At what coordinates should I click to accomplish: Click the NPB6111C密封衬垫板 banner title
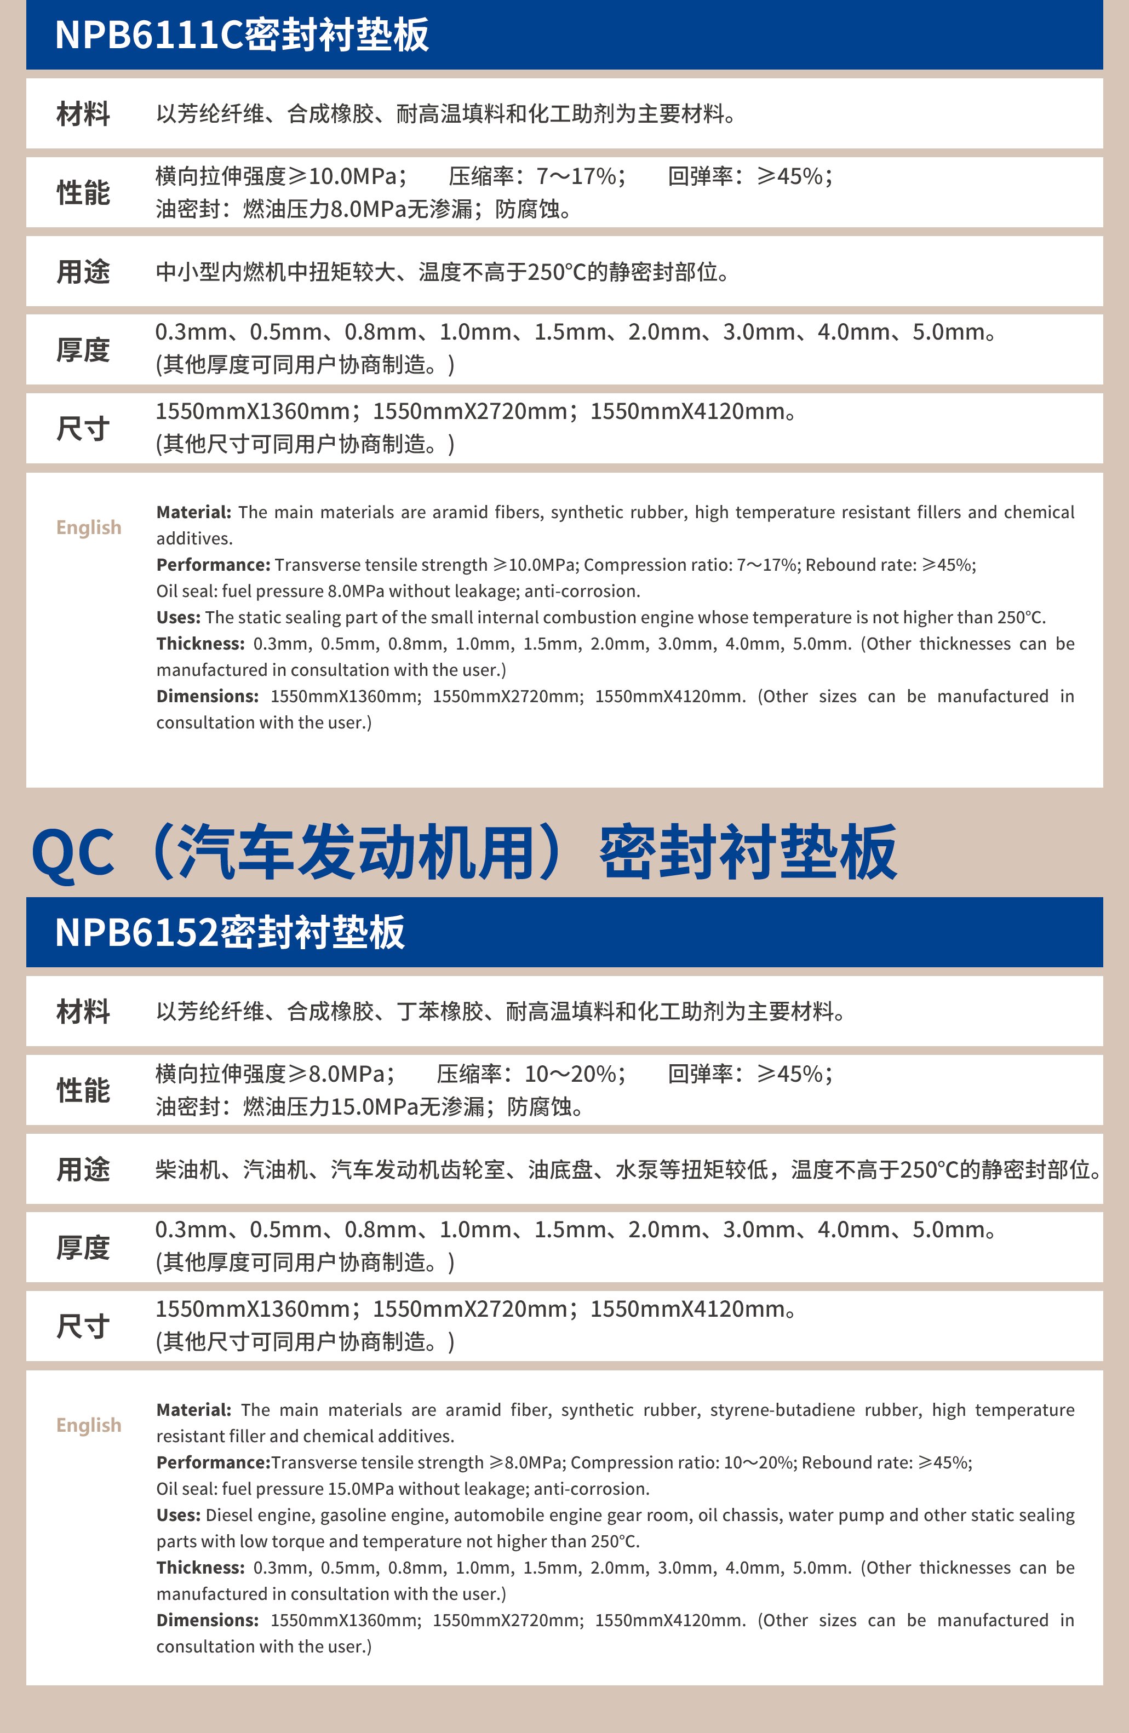click(x=242, y=35)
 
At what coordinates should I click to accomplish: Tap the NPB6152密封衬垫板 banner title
click(x=230, y=933)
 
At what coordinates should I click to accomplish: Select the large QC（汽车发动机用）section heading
click(x=464, y=852)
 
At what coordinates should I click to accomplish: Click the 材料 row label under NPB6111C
click(x=83, y=114)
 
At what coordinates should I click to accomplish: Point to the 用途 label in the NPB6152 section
click(x=83, y=1169)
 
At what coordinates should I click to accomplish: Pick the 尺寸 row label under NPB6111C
click(x=83, y=429)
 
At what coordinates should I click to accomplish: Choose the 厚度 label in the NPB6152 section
click(x=83, y=1248)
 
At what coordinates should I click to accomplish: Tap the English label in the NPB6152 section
click(x=89, y=1425)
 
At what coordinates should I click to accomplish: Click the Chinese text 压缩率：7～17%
click(x=537, y=176)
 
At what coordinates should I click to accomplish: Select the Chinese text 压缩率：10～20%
click(x=531, y=1074)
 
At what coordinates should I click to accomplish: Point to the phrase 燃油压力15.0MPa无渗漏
click(x=364, y=1107)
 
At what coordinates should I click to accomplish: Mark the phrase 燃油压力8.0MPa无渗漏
click(x=358, y=210)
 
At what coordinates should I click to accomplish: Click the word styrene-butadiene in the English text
click(x=782, y=1410)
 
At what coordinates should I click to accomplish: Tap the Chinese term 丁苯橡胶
click(x=440, y=1012)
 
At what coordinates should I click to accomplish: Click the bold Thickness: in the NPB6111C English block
click(x=200, y=644)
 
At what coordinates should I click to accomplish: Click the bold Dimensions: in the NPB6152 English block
click(x=208, y=1620)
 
